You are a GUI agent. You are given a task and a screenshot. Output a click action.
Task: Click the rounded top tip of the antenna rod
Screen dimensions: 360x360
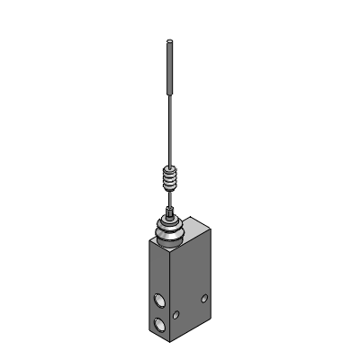tap(169, 41)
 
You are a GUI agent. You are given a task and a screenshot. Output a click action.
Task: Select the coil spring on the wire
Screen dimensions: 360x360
tap(169, 179)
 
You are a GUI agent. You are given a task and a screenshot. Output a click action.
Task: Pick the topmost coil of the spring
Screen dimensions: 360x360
tap(169, 168)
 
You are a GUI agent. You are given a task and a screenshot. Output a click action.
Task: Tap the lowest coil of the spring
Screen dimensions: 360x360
tap(169, 190)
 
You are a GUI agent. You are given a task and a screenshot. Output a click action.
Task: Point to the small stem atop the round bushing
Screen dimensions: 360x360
tap(169, 213)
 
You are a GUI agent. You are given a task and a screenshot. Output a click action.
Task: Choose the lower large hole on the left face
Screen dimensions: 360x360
tap(160, 324)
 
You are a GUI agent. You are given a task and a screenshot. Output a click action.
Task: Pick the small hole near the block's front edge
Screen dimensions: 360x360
tap(177, 314)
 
